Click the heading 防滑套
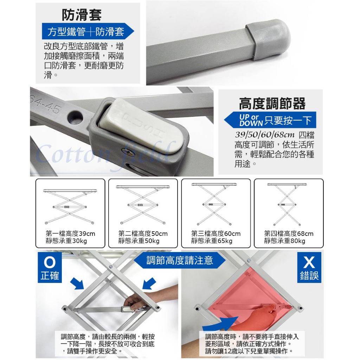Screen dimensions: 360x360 [82, 15]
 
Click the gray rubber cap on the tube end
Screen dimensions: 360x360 [268, 39]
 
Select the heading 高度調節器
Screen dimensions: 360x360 [272, 104]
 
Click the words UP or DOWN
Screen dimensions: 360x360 [251, 120]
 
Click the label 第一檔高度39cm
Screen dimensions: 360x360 [70, 233]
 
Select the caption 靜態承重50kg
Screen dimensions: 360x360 [139, 241]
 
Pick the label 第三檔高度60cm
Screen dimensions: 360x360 [216, 233]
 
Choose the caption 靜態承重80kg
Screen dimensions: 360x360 [284, 241]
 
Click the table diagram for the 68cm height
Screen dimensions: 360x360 [287, 204]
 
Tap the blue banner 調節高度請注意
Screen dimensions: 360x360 [180, 261]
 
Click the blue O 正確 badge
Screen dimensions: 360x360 [50, 267]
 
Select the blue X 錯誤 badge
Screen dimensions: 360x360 [309, 267]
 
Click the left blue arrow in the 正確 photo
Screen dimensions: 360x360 [77, 283]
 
